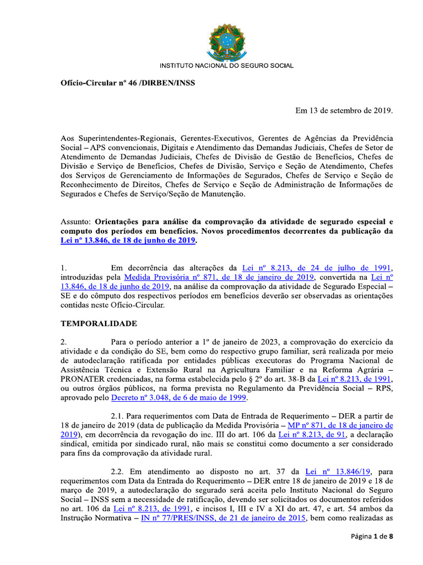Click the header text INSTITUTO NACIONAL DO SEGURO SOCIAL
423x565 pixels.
tap(226, 66)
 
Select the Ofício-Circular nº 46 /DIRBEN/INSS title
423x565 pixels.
tap(127, 83)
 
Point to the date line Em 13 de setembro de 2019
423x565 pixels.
tap(344, 110)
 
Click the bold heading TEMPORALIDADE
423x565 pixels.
tap(99, 323)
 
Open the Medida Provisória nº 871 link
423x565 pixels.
tap(219, 277)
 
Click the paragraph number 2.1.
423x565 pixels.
tap(118, 415)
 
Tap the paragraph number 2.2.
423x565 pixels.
tap(118, 471)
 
